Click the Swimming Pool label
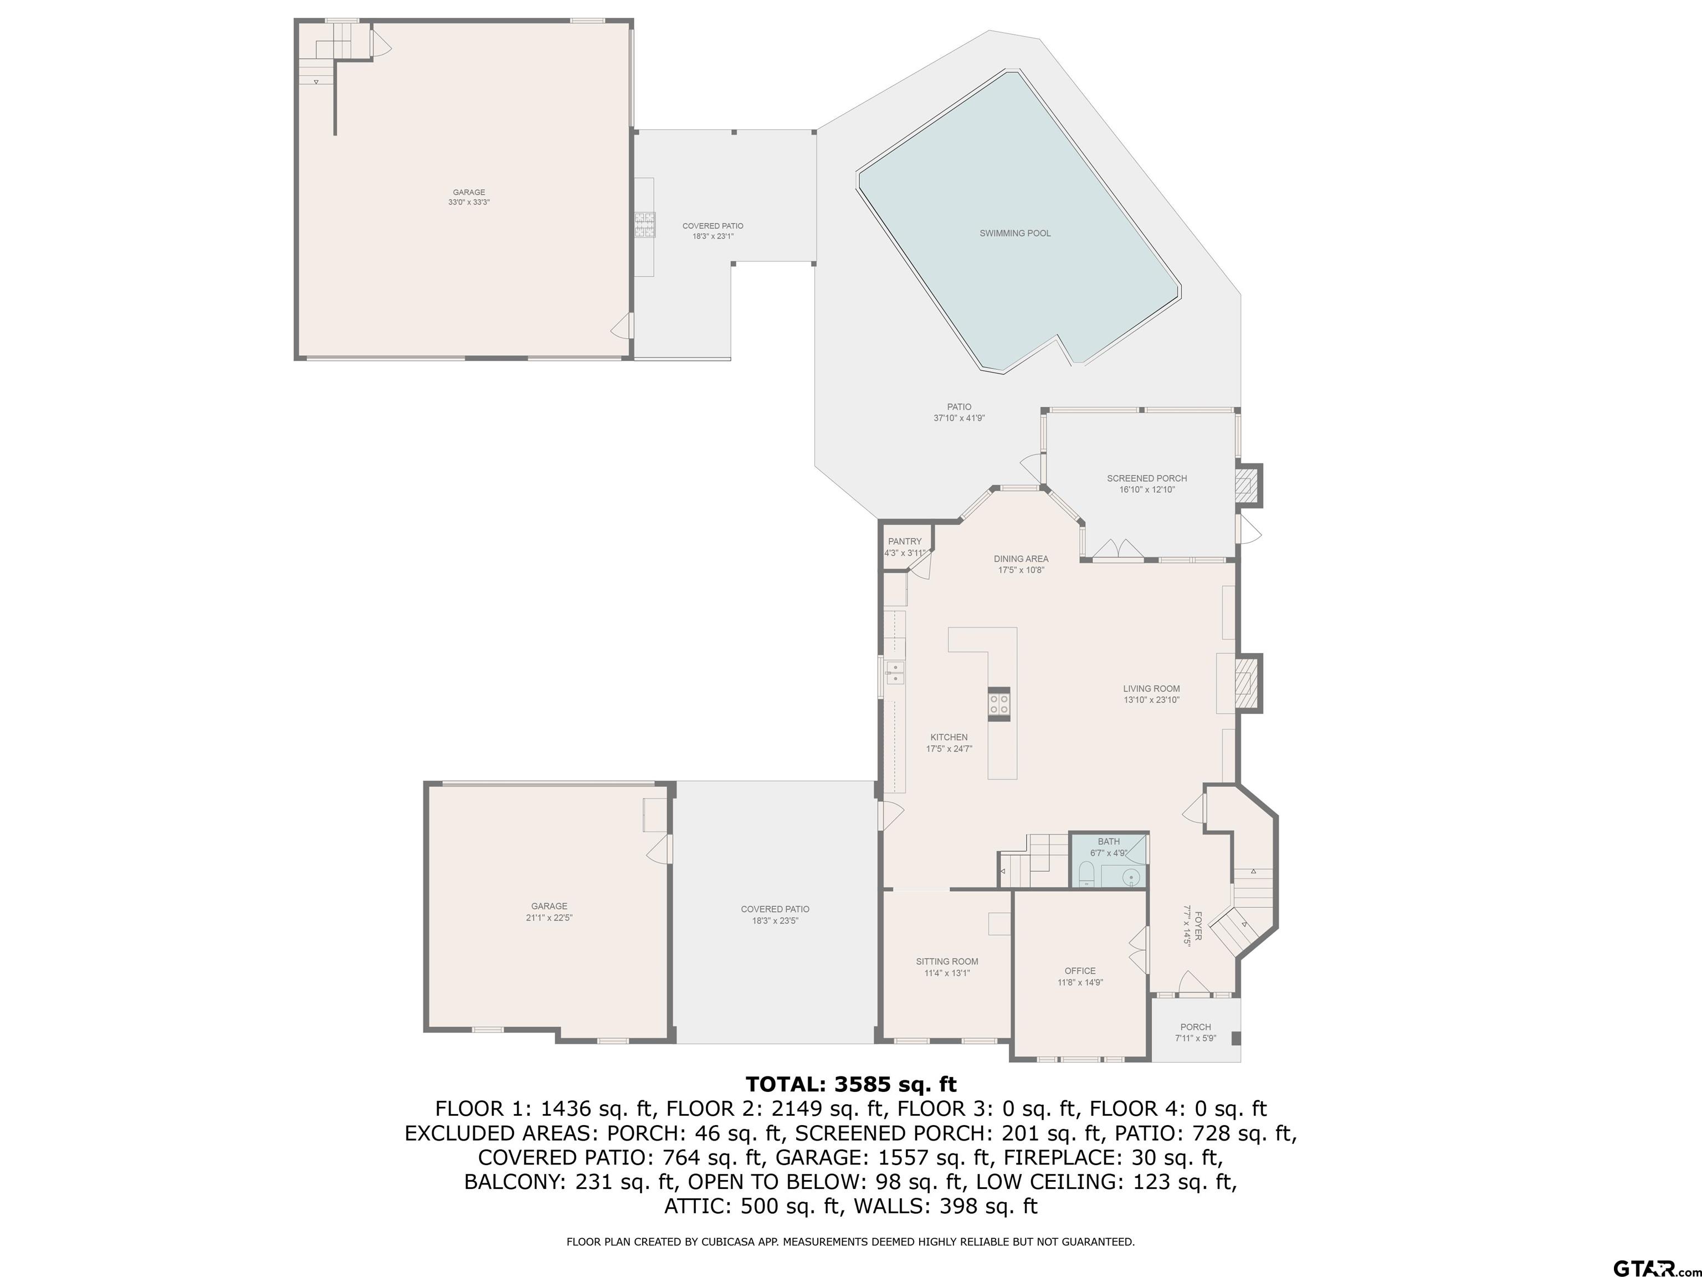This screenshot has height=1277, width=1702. (x=1015, y=233)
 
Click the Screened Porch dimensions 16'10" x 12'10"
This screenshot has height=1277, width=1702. (x=1147, y=489)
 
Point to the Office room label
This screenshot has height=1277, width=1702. (x=1080, y=970)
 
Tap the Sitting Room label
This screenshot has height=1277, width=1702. (x=947, y=962)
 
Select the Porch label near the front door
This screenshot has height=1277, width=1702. (x=1196, y=1027)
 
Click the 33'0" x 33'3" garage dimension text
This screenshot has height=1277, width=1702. (x=469, y=202)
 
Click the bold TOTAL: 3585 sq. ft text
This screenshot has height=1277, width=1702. (x=851, y=1085)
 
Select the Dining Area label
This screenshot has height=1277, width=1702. (x=1021, y=559)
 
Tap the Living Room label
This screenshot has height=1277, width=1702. (x=1151, y=689)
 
